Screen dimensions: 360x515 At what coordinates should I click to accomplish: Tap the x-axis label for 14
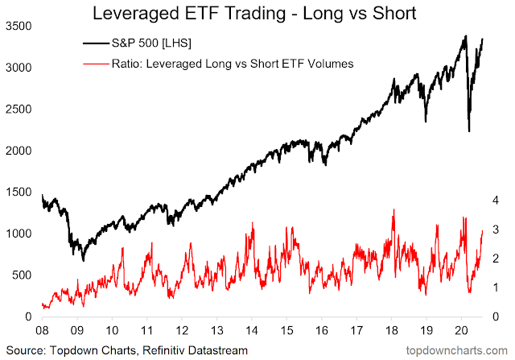click(253, 330)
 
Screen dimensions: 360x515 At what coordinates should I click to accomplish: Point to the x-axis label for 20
click(463, 330)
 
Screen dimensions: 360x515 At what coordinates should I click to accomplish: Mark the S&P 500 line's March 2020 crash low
click(468, 130)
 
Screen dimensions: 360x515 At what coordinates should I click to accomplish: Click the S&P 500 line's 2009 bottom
click(82, 259)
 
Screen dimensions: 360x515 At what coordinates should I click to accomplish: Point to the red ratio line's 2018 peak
click(393, 210)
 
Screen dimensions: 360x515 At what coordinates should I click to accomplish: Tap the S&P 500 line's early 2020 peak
click(464, 36)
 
